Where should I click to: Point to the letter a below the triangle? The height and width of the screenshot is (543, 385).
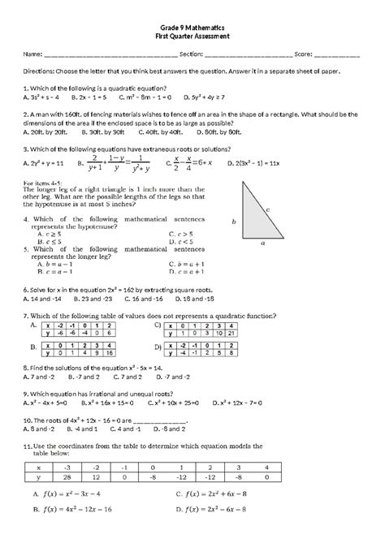click(x=262, y=242)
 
